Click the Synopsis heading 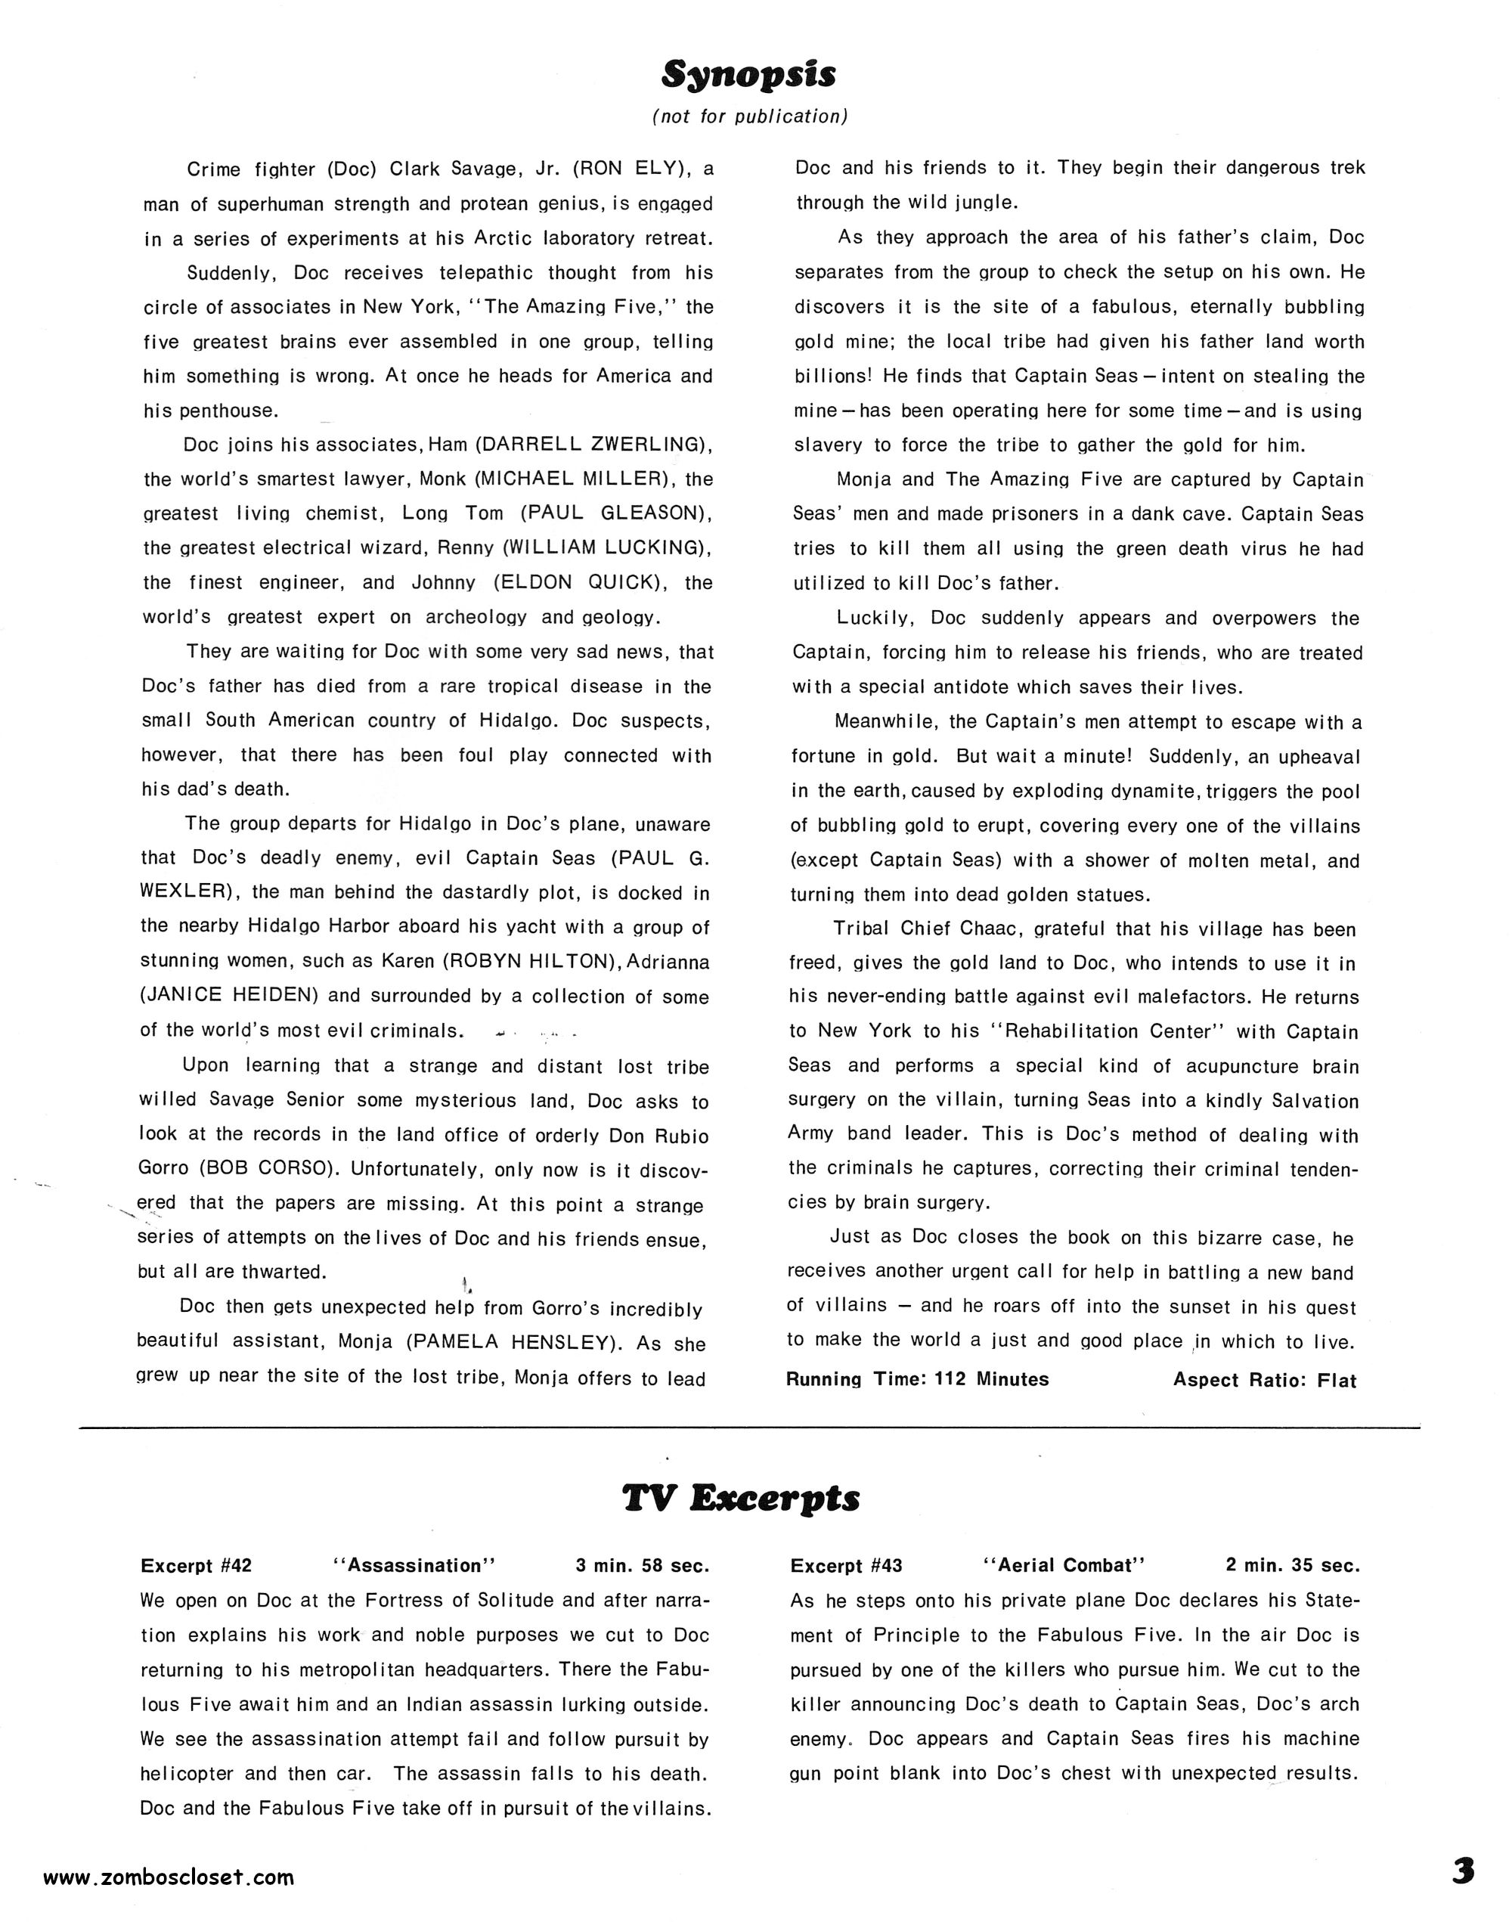pyautogui.click(x=749, y=77)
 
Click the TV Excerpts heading pyautogui.click(x=741, y=1499)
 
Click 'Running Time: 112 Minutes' pyautogui.click(x=917, y=1379)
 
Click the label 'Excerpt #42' pyautogui.click(x=197, y=1565)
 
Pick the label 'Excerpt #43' pyautogui.click(x=846, y=1565)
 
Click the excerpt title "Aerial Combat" pyautogui.click(x=1064, y=1565)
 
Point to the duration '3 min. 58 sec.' pyautogui.click(x=642, y=1565)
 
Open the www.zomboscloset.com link pyautogui.click(x=168, y=1877)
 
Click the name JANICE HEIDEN pyautogui.click(x=228, y=996)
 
